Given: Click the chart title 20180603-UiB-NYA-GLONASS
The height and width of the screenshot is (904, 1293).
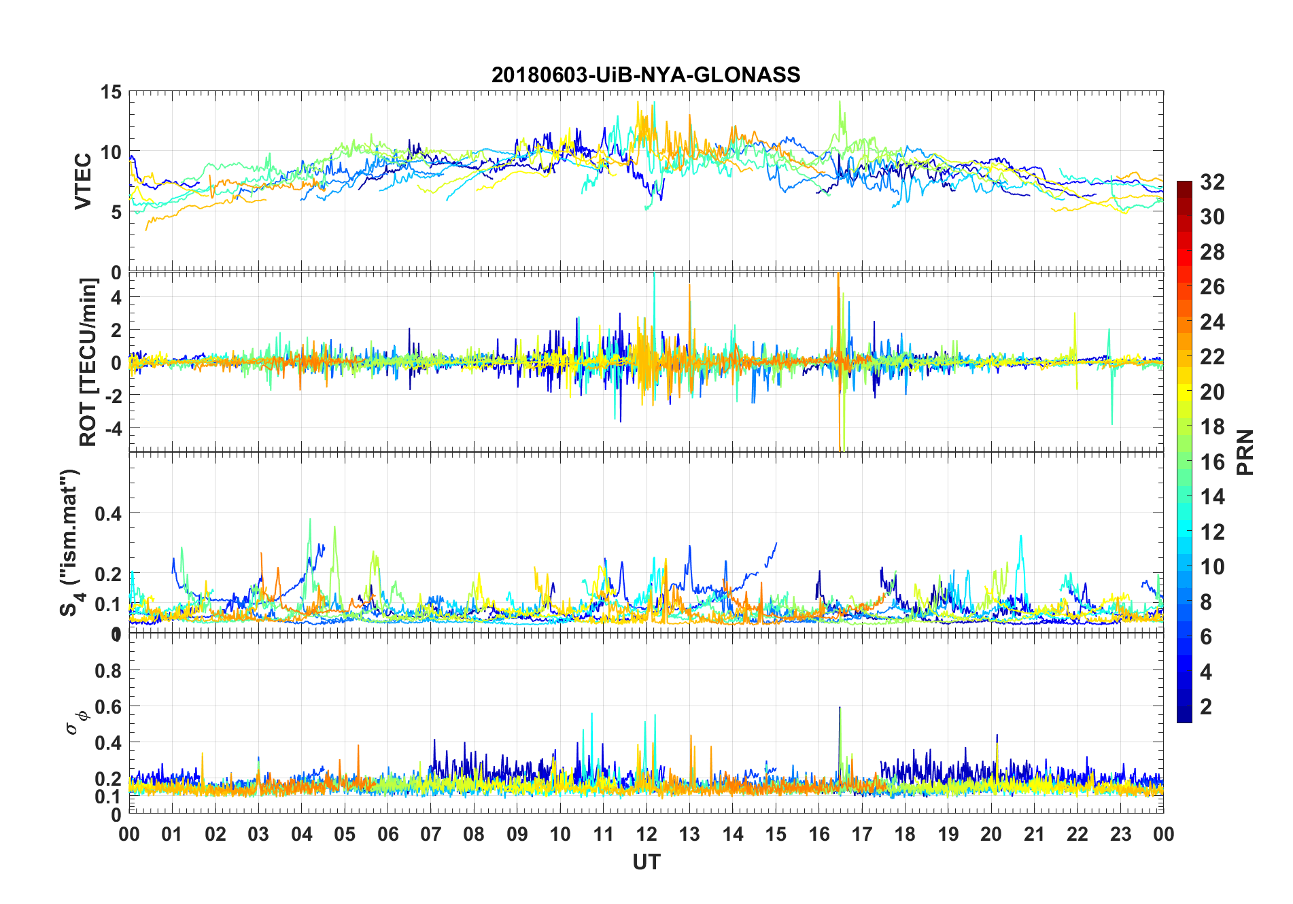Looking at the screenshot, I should click(646, 75).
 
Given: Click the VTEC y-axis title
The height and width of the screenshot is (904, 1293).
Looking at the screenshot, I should click(83, 181).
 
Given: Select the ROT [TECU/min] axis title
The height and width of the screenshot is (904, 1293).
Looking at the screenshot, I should click(88, 362).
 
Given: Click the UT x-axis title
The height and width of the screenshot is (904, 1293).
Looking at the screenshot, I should click(646, 862).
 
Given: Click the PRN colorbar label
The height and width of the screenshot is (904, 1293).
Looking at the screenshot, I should click(1245, 452).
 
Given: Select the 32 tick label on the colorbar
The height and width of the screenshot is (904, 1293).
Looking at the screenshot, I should click(1212, 181).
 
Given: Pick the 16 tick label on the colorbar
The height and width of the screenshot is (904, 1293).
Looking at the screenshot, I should click(1212, 462).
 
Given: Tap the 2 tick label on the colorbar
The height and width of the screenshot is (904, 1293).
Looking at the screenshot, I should click(1206, 706).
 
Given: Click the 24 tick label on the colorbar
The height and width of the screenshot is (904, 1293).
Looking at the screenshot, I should click(1212, 321).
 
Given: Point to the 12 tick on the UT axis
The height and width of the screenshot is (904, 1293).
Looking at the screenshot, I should click(646, 834).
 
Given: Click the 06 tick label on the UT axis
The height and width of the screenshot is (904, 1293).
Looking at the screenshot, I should click(387, 834).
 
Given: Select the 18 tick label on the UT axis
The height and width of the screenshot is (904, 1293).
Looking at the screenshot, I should click(905, 834).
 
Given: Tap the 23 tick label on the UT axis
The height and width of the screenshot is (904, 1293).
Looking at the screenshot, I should click(1120, 834).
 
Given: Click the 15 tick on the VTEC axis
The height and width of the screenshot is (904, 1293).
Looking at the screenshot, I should click(111, 92).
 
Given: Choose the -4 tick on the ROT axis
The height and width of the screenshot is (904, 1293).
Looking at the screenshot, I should click(114, 428).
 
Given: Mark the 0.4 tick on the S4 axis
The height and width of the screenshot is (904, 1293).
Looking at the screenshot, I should click(108, 513).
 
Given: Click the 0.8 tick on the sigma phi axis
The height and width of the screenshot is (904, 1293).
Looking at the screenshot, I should click(108, 670).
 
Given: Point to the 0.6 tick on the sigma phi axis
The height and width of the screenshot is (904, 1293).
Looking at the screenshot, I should click(108, 707).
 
